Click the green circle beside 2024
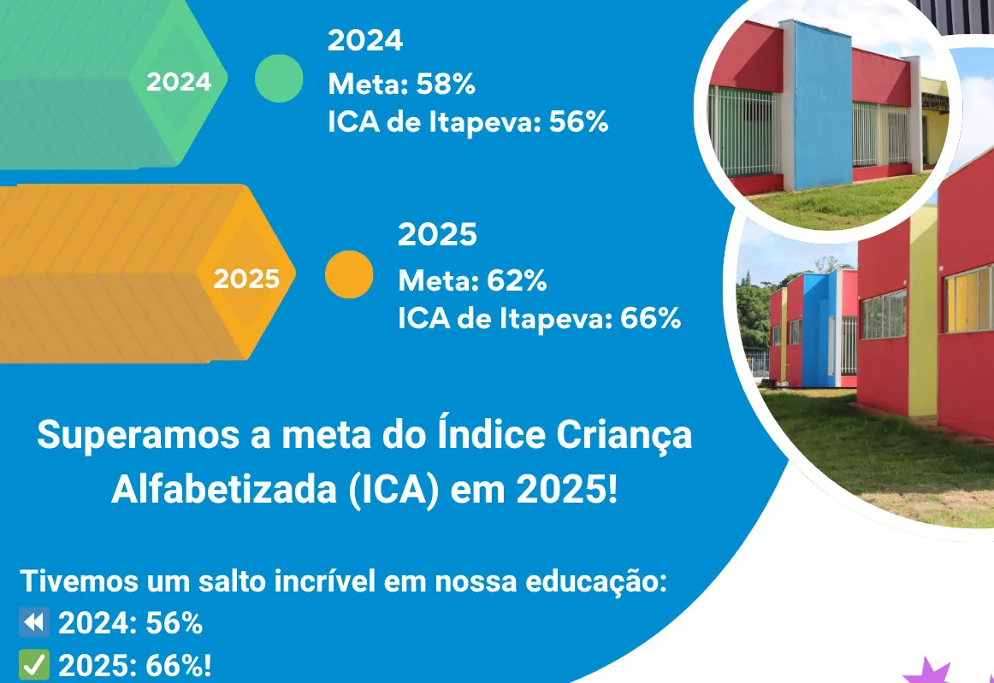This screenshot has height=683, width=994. (x=279, y=79)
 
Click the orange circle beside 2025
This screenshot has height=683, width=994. (x=349, y=274)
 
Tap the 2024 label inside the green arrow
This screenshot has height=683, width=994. (x=178, y=82)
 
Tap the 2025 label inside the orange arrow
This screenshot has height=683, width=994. (x=246, y=280)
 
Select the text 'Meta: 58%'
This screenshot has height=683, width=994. (x=401, y=85)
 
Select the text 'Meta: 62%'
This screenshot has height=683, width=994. (x=472, y=280)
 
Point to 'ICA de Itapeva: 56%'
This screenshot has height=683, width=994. (x=468, y=123)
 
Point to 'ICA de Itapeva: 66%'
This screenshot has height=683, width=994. (x=539, y=319)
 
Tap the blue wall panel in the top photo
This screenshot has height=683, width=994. (x=820, y=103)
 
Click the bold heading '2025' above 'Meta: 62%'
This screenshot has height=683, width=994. (x=437, y=235)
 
